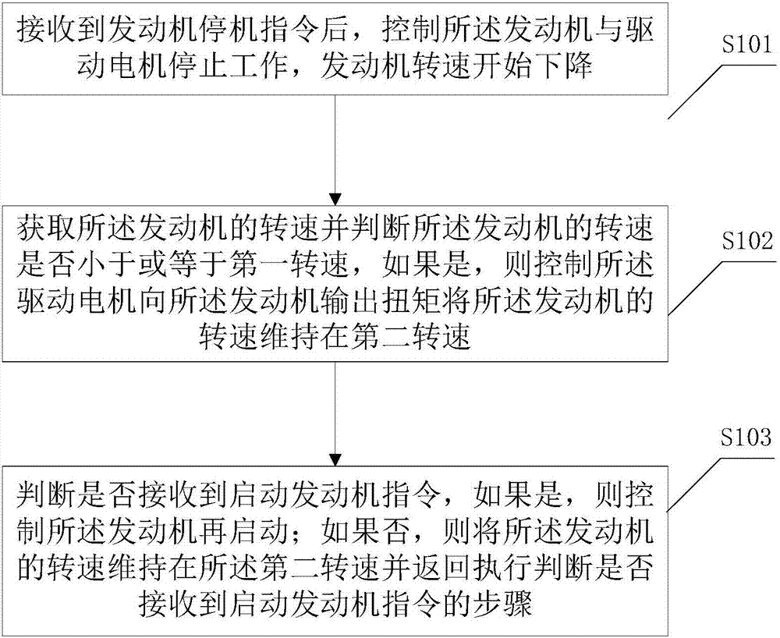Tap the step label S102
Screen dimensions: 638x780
point(746,241)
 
